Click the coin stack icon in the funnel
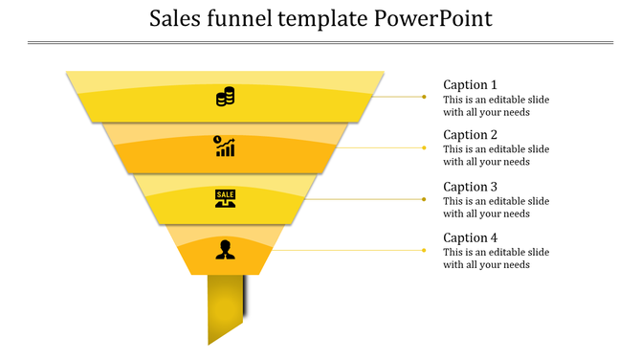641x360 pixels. pyautogui.click(x=226, y=97)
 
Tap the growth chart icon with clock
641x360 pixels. pyautogui.click(x=225, y=146)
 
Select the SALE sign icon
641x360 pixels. pyautogui.click(x=226, y=198)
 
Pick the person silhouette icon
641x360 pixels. pyautogui.click(x=225, y=249)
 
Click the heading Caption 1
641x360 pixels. pyautogui.click(x=470, y=84)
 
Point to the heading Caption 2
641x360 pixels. pyautogui.click(x=470, y=135)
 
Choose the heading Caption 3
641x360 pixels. pyautogui.click(x=470, y=187)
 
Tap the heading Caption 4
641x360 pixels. pyautogui.click(x=470, y=237)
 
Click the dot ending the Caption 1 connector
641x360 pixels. pyautogui.click(x=425, y=97)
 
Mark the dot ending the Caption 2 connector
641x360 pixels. pyautogui.click(x=425, y=147)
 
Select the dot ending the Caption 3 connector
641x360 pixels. pyautogui.click(x=425, y=199)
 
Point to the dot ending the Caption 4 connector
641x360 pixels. pyautogui.click(x=425, y=250)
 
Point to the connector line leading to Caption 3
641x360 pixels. pyautogui.click(x=364, y=199)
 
